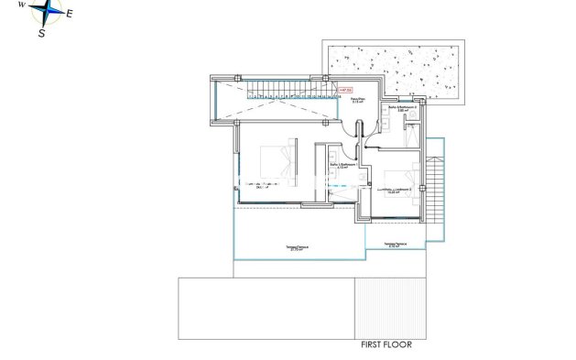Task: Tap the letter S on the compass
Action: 42,34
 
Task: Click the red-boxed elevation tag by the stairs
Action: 345,90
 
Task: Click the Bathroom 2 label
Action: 403,110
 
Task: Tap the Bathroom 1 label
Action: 341,166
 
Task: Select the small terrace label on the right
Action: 396,245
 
